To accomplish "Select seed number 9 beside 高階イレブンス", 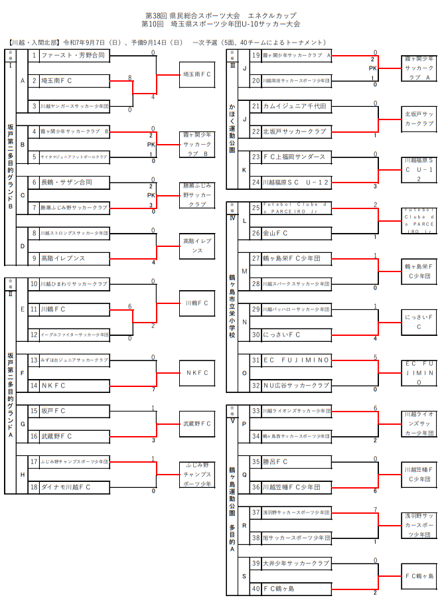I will [x=33, y=258].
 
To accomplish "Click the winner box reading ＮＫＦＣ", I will [x=197, y=372].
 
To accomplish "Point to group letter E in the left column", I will [x=23, y=309].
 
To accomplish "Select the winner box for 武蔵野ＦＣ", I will [x=197, y=423].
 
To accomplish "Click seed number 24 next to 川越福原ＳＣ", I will [x=256, y=182].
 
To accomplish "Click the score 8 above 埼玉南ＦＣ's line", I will [x=130, y=78].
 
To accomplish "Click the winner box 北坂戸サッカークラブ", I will [x=419, y=118].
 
